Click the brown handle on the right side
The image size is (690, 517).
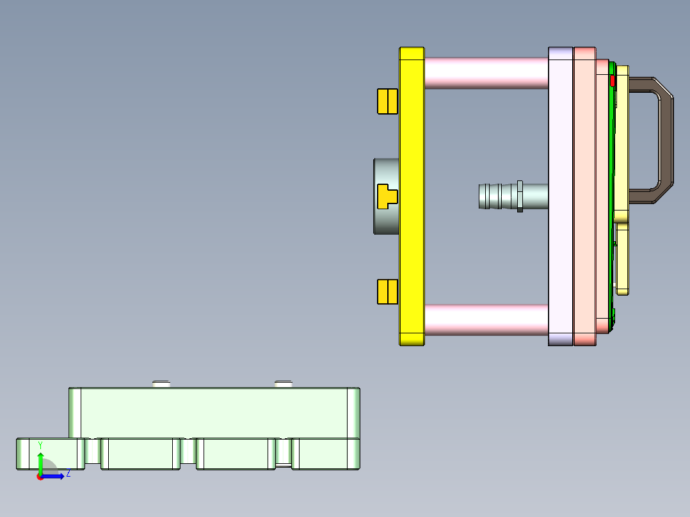(x=666, y=141)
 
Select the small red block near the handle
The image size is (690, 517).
(x=612, y=81)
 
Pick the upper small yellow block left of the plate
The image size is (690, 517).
(x=387, y=101)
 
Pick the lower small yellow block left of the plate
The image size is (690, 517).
(x=387, y=291)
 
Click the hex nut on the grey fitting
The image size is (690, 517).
(x=520, y=196)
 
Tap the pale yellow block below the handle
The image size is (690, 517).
(x=622, y=259)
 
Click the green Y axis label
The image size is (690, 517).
(x=40, y=445)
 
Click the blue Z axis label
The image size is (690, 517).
(x=68, y=474)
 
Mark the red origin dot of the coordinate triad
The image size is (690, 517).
(x=40, y=477)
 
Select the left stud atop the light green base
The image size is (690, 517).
(x=161, y=384)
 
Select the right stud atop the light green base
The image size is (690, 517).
(x=284, y=384)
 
